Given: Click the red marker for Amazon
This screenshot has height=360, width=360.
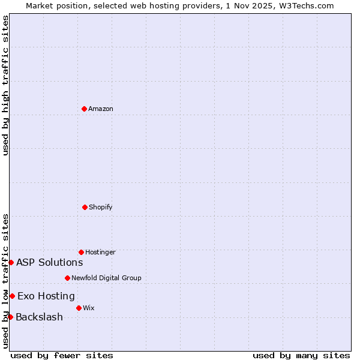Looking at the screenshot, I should click(x=84, y=109).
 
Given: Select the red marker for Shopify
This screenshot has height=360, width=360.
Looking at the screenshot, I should click(x=85, y=207).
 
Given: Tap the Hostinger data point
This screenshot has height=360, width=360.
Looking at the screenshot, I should click(x=81, y=252).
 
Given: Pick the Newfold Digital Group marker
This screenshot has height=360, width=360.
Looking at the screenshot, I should click(x=67, y=278).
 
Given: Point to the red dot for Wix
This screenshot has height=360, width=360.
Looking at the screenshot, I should click(x=79, y=308).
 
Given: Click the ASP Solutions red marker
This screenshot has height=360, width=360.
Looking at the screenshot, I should click(x=11, y=262).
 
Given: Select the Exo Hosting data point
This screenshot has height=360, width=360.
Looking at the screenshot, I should click(x=12, y=296).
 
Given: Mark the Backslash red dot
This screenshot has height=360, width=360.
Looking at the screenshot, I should click(x=10, y=317).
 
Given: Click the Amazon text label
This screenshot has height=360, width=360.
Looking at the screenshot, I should click(x=101, y=109).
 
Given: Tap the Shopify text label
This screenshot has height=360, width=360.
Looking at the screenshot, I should click(x=101, y=207).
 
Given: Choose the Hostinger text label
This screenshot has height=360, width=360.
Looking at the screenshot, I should click(x=100, y=252).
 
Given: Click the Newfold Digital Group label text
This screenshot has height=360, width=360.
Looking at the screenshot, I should click(x=106, y=278).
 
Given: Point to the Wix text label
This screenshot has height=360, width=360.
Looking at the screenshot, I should click(x=89, y=308).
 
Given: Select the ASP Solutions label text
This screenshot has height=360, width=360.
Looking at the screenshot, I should click(x=49, y=262).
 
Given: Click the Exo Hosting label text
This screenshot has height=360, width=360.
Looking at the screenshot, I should click(x=46, y=296).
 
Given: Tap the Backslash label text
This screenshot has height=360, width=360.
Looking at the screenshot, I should click(x=39, y=317).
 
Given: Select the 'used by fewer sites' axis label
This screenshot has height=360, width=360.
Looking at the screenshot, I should click(x=62, y=355).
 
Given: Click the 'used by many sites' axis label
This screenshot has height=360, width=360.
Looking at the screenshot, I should click(x=301, y=355).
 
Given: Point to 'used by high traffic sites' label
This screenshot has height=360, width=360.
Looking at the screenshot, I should click(x=5, y=85).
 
